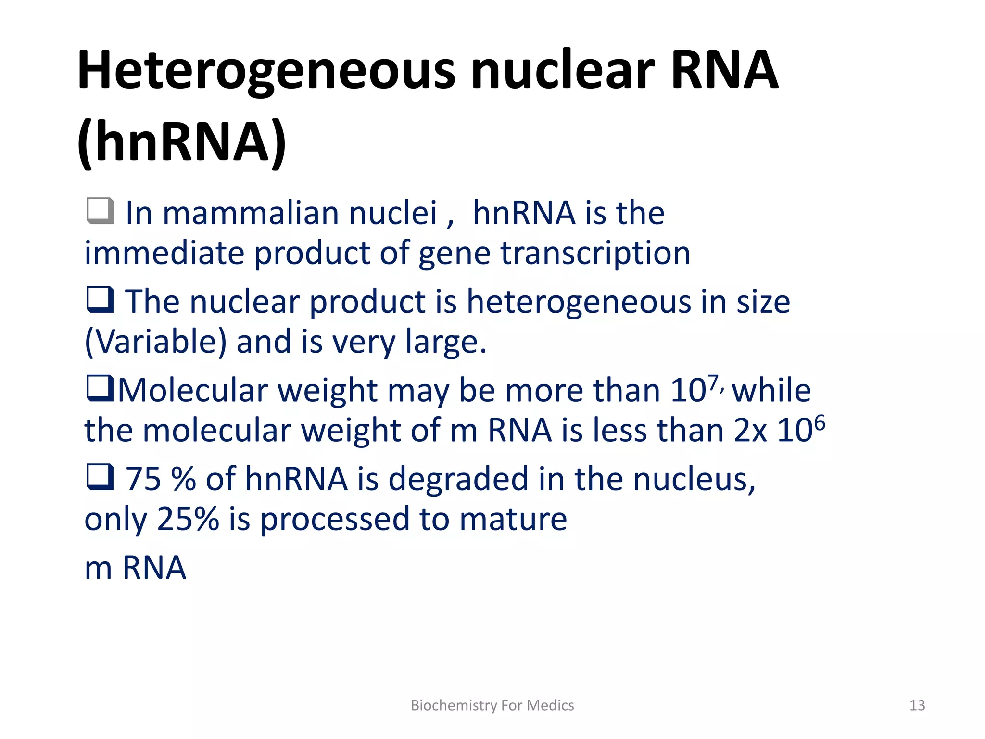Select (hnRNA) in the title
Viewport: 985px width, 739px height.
pos(182,142)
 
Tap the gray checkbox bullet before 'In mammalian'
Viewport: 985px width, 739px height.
pos(100,211)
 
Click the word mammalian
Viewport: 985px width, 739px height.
pos(251,213)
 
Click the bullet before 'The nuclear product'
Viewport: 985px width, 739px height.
pos(100,300)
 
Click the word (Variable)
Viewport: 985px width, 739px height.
pos(155,342)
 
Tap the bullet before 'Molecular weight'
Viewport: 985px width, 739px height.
pos(100,388)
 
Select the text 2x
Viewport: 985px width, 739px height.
pos(750,431)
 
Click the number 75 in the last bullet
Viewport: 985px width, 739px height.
pos(143,479)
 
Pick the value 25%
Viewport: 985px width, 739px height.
pos(188,520)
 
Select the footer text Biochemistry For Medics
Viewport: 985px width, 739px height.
pos(492,705)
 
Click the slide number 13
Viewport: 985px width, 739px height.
pos(917,705)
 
